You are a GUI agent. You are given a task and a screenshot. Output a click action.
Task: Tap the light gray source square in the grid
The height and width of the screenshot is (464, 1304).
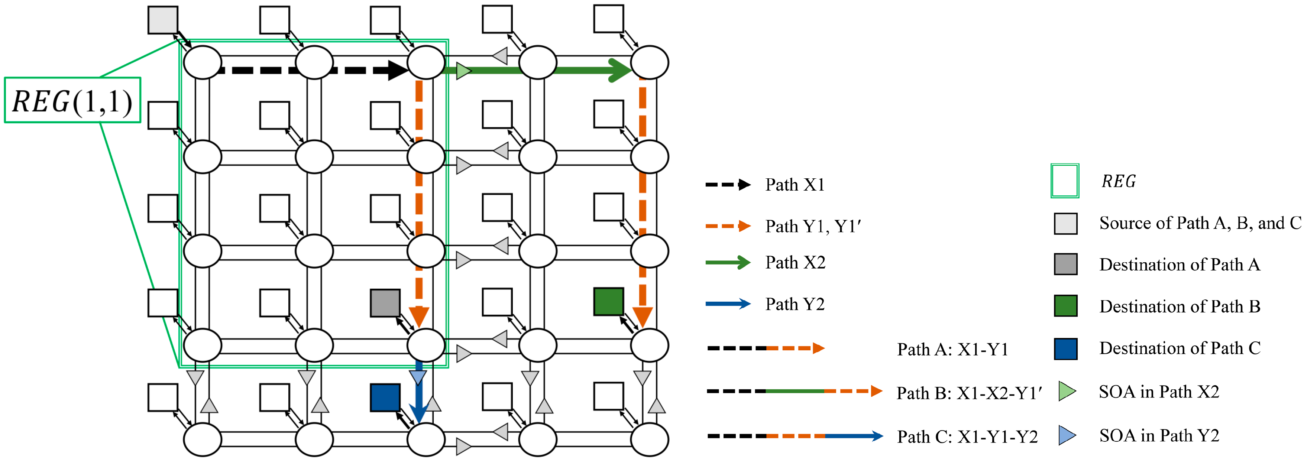click(x=162, y=20)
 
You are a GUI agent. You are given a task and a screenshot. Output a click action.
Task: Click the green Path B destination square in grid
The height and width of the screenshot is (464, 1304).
click(x=608, y=302)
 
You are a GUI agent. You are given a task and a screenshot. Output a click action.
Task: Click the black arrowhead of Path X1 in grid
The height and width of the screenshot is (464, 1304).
click(x=397, y=70)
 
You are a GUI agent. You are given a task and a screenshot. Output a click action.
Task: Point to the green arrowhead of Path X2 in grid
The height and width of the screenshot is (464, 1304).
click(x=619, y=70)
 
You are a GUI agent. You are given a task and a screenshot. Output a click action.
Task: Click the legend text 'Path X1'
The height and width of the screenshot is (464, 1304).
click(x=795, y=185)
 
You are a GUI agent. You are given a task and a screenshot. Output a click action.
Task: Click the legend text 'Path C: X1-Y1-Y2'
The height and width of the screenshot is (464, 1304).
click(x=967, y=437)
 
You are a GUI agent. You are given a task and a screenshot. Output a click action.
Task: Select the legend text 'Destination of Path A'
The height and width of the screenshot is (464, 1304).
click(x=1180, y=265)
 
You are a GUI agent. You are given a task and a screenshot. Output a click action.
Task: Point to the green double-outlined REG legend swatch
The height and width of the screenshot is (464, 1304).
click(x=1065, y=181)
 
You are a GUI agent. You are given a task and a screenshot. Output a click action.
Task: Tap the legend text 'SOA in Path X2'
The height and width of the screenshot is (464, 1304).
click(x=1159, y=392)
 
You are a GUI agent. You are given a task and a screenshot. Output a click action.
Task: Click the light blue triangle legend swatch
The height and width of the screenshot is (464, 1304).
click(x=1066, y=435)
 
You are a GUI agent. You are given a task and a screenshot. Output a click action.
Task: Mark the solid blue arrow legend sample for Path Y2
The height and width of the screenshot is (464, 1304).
click(x=728, y=304)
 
